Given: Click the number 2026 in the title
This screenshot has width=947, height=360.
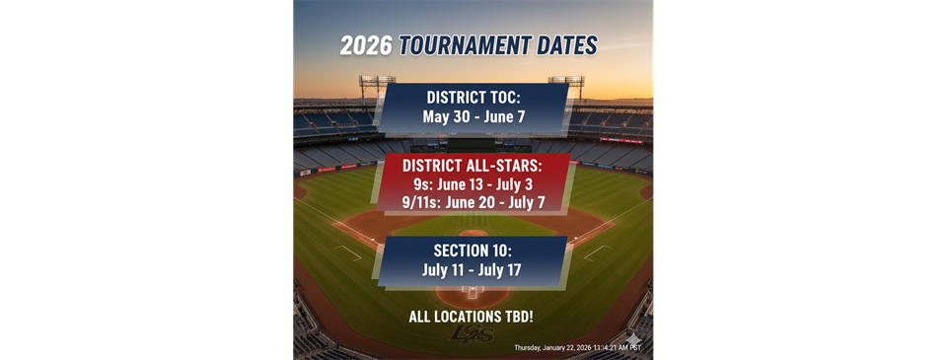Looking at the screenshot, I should pyautogui.click(x=364, y=45).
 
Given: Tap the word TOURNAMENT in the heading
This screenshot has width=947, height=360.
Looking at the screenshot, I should pyautogui.click(x=464, y=45).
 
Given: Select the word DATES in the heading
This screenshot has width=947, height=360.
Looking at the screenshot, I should pyautogui.click(x=566, y=45).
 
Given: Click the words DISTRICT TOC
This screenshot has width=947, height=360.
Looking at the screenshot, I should pyautogui.click(x=473, y=99).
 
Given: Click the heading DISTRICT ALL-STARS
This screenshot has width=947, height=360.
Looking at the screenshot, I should pyautogui.click(x=473, y=165).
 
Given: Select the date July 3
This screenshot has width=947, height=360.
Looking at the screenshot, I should pyautogui.click(x=514, y=183).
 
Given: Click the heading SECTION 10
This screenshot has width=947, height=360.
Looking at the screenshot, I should pyautogui.click(x=473, y=249).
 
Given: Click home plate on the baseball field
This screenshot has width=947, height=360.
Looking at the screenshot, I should pyautogui.click(x=473, y=292).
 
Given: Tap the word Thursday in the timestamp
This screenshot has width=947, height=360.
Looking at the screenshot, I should pyautogui.click(x=534, y=348).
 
